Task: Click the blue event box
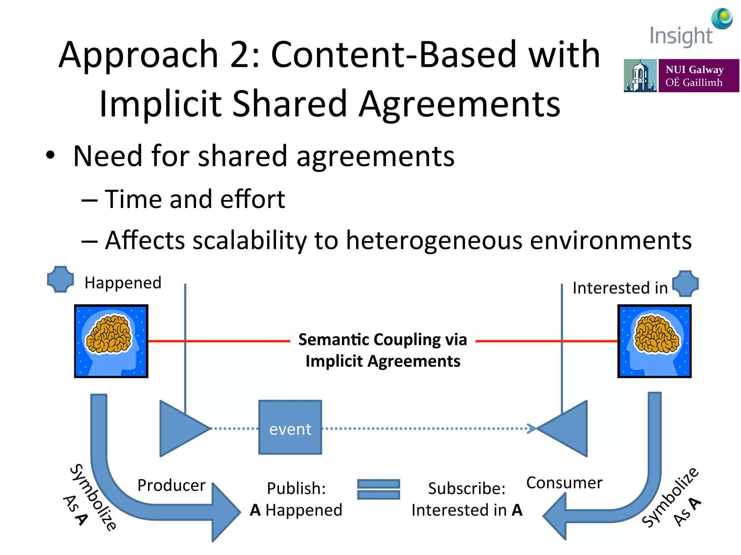coord(290,427)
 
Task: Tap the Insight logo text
coord(681,36)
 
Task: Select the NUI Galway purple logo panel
coord(698,76)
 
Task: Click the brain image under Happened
coord(111,341)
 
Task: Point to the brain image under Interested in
coord(654,341)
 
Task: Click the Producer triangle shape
coord(181,429)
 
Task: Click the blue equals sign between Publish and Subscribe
coord(378,489)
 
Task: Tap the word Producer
coord(171,485)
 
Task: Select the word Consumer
coord(564,483)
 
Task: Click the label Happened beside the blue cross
coord(123,283)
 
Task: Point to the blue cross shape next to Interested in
coord(685,284)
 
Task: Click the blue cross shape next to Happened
coord(60,279)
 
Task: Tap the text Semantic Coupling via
coord(382,340)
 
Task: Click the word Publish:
coord(296,489)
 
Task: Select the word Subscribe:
coord(466,489)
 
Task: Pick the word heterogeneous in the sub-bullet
coord(434,240)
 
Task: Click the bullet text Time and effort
coord(195,199)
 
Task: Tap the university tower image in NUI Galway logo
coord(640,76)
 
